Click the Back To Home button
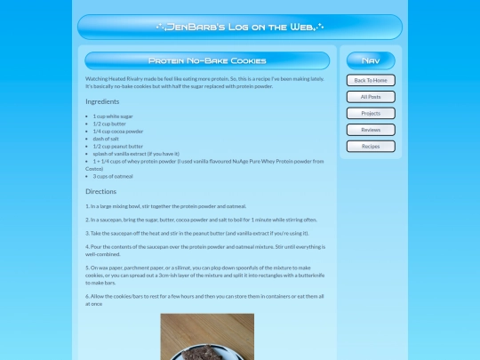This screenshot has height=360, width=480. click(x=371, y=80)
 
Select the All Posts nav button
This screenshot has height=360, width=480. click(x=371, y=97)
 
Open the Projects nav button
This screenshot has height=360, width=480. click(x=371, y=114)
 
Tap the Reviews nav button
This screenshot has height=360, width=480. click(x=371, y=130)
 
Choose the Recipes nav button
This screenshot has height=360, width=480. click(x=371, y=147)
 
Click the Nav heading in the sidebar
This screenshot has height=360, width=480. click(x=371, y=61)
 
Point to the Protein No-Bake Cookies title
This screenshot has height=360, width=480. click(x=207, y=61)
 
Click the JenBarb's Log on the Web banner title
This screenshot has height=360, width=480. click(x=239, y=28)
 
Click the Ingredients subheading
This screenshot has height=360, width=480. click(x=102, y=102)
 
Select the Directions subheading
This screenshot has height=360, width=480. click(x=100, y=191)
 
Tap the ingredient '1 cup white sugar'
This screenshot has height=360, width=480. click(x=113, y=116)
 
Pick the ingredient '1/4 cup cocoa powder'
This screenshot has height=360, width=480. click(x=118, y=132)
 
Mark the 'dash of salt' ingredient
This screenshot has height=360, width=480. click(x=108, y=139)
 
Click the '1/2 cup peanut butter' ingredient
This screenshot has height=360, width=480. click(x=118, y=146)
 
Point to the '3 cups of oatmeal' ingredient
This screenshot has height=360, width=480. click(x=113, y=176)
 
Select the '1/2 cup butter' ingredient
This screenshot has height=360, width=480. click(x=109, y=124)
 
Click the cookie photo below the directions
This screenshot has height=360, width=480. click(x=207, y=337)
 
